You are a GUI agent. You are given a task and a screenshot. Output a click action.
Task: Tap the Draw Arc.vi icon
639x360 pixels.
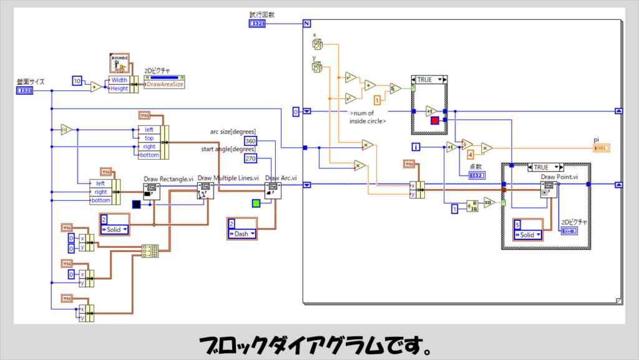coord(273,191)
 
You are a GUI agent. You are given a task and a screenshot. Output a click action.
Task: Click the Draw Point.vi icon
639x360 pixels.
coord(548,190)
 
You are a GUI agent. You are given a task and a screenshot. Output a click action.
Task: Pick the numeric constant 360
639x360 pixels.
coord(251,140)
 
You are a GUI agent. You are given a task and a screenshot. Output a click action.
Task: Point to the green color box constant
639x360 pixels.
coord(256,203)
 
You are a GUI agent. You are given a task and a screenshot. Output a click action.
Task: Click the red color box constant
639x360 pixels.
coord(434,120)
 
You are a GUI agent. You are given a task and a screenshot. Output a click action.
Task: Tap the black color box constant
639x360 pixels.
coord(137,204)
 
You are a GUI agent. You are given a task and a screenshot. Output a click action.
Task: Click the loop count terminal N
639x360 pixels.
coord(306,24)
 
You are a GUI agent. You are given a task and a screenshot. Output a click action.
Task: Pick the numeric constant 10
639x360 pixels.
coord(77,81)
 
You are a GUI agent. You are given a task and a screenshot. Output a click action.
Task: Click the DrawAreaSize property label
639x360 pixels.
coord(164,84)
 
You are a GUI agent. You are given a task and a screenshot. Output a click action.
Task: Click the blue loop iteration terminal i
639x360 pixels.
coord(417,147)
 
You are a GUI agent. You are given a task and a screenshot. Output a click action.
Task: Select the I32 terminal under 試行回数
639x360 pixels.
coord(256,24)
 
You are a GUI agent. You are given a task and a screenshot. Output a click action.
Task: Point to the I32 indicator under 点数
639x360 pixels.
coord(477,175)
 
